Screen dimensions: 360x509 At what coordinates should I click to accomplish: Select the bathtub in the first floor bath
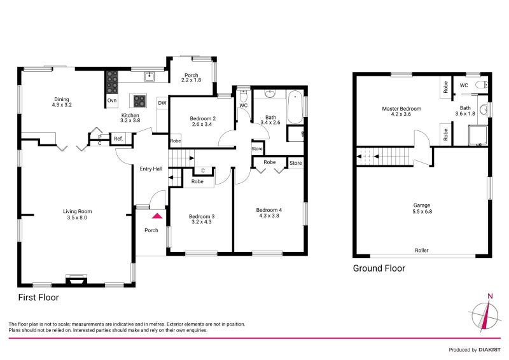295,109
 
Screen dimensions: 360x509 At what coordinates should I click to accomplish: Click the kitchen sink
150,78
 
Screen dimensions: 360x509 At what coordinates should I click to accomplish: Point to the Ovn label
111,101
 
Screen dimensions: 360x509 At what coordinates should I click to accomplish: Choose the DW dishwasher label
162,103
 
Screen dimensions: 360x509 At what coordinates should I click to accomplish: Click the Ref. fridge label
118,139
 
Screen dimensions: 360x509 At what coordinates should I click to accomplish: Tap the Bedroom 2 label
203,118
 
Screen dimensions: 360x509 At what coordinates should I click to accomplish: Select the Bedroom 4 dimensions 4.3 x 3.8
268,216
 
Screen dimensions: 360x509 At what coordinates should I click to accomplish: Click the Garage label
422,205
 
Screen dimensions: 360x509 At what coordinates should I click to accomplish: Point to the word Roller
422,251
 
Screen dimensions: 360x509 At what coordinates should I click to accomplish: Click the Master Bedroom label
401,109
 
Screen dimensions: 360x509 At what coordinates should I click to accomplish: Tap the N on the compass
489,296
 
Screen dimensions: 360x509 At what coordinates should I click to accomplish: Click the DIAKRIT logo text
487,350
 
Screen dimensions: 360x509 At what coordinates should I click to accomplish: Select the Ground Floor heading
379,269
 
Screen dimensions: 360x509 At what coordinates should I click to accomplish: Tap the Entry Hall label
151,169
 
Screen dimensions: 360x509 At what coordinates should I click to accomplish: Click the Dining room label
61,99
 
